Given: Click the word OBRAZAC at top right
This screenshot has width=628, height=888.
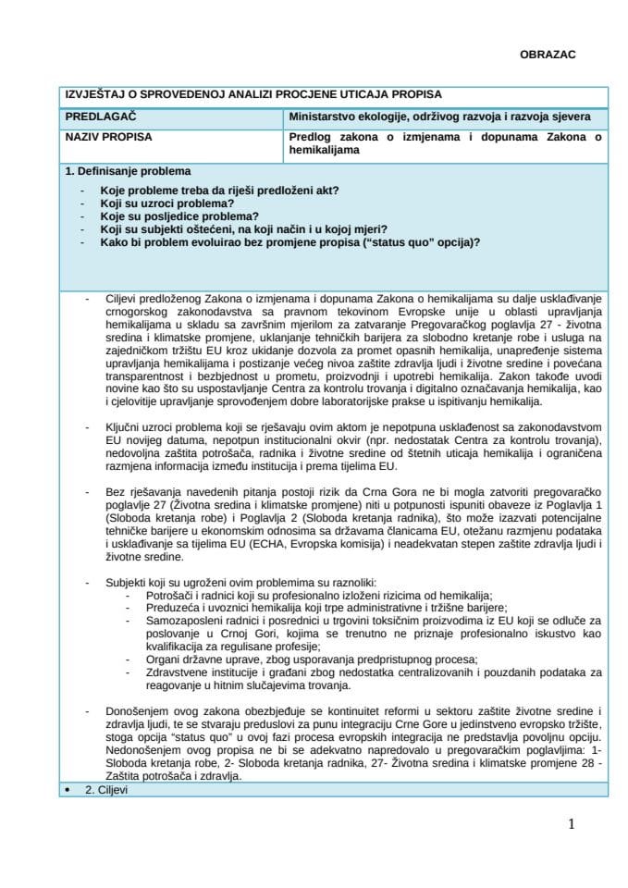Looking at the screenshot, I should click(548, 55).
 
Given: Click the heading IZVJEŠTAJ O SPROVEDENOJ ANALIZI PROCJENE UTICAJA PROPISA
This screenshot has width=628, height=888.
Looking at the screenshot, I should click(252, 94).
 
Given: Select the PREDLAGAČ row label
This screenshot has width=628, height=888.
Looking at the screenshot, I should click(96, 117).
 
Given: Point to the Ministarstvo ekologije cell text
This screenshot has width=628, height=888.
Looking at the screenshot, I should click(434, 117).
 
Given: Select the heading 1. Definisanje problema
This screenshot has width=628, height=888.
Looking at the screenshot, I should click(128, 172).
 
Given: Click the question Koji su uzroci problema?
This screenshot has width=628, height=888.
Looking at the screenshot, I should click(166, 203).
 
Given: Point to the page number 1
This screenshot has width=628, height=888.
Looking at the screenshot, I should click(572, 824).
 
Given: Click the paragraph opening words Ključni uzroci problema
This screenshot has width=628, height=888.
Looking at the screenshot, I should click(163, 431).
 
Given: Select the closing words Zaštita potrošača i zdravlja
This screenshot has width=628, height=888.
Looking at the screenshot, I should click(163, 777).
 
